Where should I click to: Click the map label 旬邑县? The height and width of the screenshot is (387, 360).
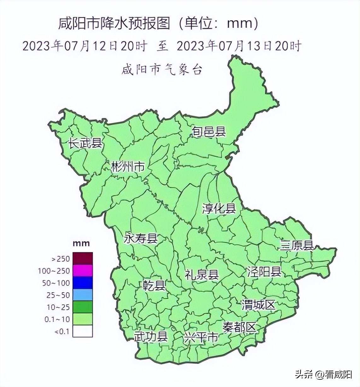tap(209, 131)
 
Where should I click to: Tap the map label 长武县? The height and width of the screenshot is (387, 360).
tap(86, 143)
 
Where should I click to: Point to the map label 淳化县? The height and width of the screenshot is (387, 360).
tap(219, 208)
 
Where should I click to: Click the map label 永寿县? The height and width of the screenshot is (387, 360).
tap(141, 239)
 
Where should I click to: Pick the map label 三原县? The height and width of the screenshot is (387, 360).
tap(297, 245)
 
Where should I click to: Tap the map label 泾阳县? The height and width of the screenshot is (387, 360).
tap(264, 271)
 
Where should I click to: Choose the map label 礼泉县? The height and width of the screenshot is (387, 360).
tap(202, 274)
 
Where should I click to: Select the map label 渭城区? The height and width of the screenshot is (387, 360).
tap(258, 305)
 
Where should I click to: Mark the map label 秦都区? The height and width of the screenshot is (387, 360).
tap(239, 328)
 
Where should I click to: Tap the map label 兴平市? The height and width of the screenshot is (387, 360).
tap(201, 338)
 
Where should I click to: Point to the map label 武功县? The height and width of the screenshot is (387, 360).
tap(151, 337)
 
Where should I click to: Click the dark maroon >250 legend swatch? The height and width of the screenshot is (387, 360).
tap(83, 258)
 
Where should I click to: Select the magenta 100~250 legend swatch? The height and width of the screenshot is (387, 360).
tap(83, 271)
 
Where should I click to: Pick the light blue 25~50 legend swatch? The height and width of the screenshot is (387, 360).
tap(83, 295)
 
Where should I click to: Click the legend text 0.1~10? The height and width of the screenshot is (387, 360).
tap(57, 319)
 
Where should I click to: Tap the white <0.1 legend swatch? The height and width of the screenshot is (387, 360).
tap(83, 331)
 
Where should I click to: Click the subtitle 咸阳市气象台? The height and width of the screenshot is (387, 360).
tap(162, 69)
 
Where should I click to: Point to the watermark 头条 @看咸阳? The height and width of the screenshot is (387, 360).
tap(323, 374)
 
